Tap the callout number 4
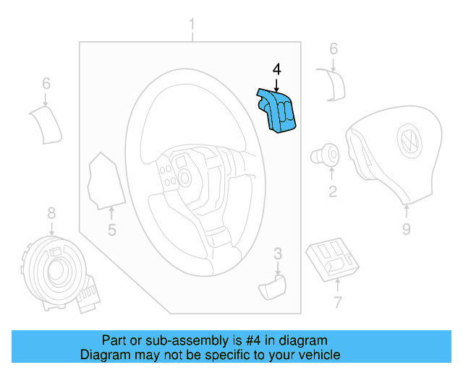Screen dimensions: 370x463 point(276,70)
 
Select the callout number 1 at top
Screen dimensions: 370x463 point(192,27)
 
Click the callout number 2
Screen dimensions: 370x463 point(332,192)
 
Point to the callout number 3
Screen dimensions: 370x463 point(277,254)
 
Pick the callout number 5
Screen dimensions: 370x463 point(112,231)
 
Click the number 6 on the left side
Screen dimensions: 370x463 point(46,85)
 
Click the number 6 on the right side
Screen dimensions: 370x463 point(334,49)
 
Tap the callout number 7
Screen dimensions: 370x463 point(336,302)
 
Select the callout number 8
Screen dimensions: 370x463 point(51,213)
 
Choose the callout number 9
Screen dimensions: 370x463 point(406,229)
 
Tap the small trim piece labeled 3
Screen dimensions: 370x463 point(272,286)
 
